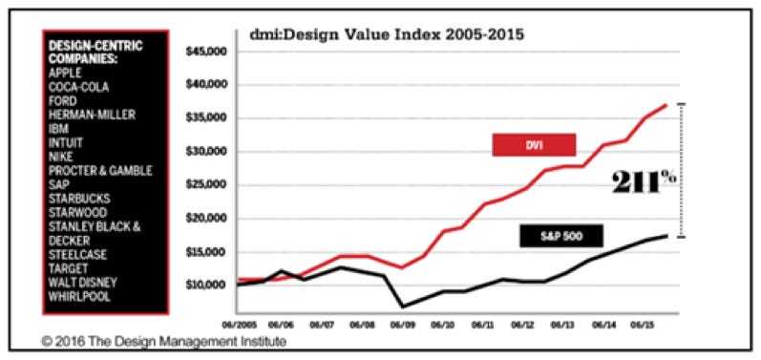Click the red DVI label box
[x=534, y=144]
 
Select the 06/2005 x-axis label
[x=238, y=323]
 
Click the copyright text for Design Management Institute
[x=163, y=340]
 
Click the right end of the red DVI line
[x=666, y=104]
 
